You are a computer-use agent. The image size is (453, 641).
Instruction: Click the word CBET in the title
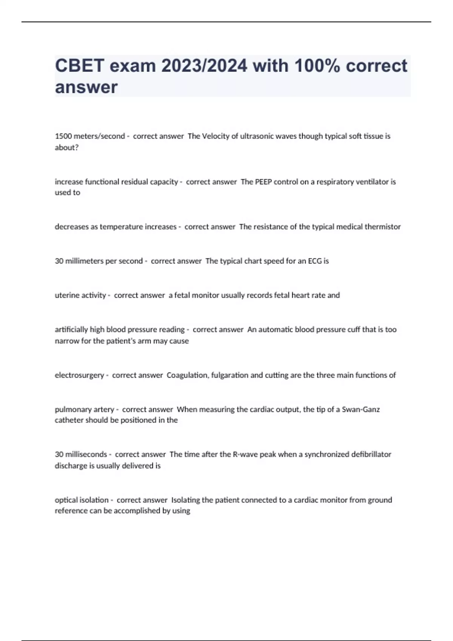pos(79,66)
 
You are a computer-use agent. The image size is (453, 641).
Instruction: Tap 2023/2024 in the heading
pos(204,66)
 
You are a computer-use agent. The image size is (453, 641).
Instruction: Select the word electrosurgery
pos(79,375)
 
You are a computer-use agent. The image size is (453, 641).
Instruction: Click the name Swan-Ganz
pos(361,409)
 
